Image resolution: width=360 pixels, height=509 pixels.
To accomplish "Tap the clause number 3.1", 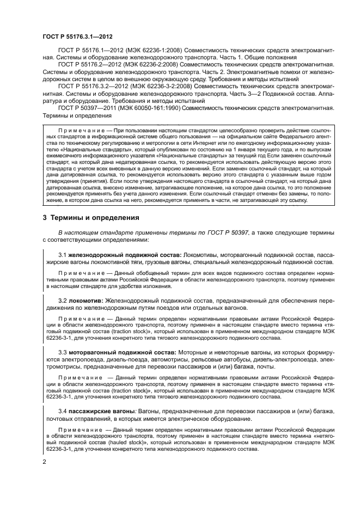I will click(62, 254).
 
